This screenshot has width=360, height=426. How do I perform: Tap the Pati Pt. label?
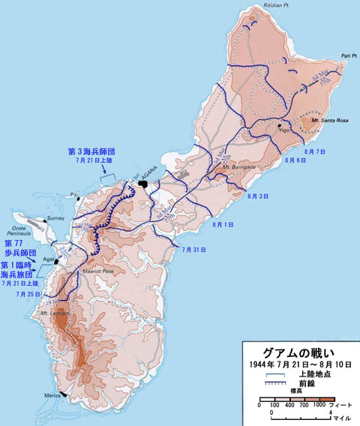pos(346,56)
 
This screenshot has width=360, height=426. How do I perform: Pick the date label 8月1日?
pos(223,224)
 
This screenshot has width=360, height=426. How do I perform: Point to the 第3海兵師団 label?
pos(97,151)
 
